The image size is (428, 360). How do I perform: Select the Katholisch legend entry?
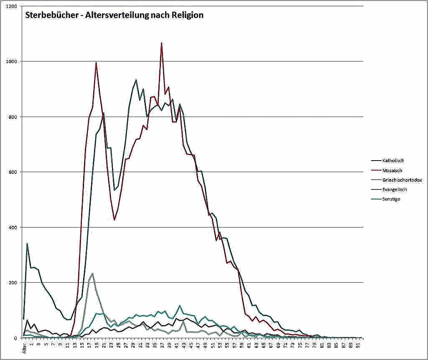(x=393, y=161)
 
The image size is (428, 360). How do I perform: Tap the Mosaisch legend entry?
(x=392, y=170)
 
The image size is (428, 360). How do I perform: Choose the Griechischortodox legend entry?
(x=402, y=180)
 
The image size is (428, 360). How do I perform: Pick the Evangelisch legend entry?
(x=394, y=189)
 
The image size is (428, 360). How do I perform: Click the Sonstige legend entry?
(x=391, y=199)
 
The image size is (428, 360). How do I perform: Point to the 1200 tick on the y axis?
(x=12, y=6)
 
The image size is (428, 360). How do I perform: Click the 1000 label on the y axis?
(x=12, y=61)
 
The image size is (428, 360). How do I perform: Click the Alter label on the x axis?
(x=24, y=348)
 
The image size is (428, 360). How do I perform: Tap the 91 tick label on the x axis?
(x=358, y=345)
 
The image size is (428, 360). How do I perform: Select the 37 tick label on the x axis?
(x=161, y=345)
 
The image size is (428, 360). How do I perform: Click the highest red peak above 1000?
(x=161, y=43)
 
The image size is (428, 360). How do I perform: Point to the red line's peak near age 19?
(x=96, y=62)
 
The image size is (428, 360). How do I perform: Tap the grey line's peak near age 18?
(x=92, y=273)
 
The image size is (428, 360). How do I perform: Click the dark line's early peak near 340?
(x=27, y=243)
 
